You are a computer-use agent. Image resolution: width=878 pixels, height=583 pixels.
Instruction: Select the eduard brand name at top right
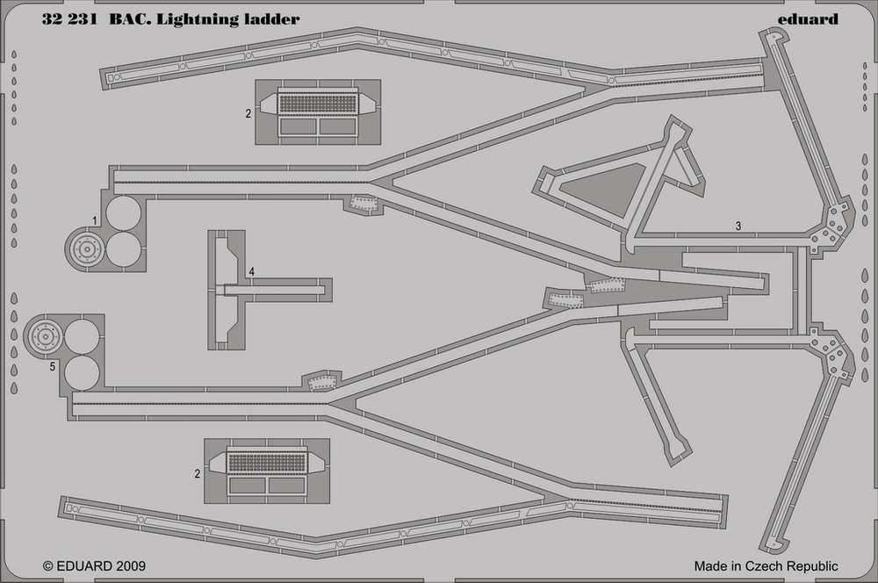[808, 18]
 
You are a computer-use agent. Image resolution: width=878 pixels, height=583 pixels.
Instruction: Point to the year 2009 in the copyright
[128, 566]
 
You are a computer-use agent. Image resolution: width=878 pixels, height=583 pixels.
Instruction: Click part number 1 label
[95, 219]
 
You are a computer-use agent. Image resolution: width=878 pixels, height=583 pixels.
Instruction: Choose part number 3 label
[738, 226]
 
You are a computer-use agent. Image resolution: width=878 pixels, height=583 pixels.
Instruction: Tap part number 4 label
[251, 272]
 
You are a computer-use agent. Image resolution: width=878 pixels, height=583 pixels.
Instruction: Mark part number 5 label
[53, 367]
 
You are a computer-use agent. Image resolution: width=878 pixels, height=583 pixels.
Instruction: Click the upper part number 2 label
[248, 113]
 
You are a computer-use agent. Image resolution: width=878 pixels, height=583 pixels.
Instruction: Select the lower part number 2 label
[198, 473]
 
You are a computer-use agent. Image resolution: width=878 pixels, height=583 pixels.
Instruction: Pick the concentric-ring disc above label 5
[44, 335]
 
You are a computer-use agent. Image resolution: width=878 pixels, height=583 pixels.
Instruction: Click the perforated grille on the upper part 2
[317, 102]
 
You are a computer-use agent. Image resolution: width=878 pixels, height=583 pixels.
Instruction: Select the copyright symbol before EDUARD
[48, 566]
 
